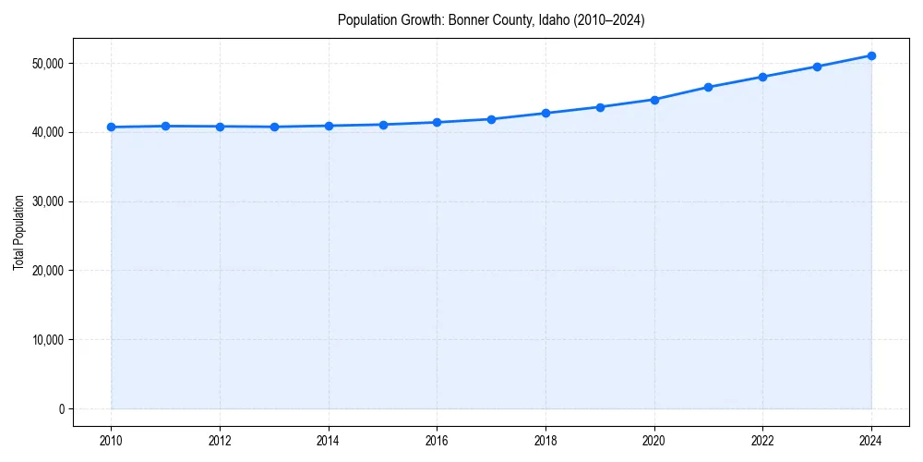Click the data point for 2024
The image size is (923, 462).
pyautogui.click(x=871, y=55)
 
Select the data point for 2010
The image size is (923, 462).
pyautogui.click(x=111, y=127)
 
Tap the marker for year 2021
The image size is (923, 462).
pyautogui.click(x=708, y=87)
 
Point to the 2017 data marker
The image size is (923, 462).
pyautogui.click(x=491, y=119)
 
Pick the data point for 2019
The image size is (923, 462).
pyautogui.click(x=600, y=107)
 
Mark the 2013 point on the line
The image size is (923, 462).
pyautogui.click(x=274, y=127)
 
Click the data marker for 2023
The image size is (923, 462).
pyautogui.click(x=817, y=67)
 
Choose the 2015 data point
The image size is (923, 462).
pyautogui.click(x=383, y=125)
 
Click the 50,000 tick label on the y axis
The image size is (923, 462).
pyautogui.click(x=46, y=63)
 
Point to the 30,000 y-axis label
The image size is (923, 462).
pyautogui.click(x=46, y=201)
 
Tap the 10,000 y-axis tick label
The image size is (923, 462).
pyautogui.click(x=46, y=339)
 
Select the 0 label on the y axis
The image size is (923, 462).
pyautogui.click(x=60, y=408)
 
